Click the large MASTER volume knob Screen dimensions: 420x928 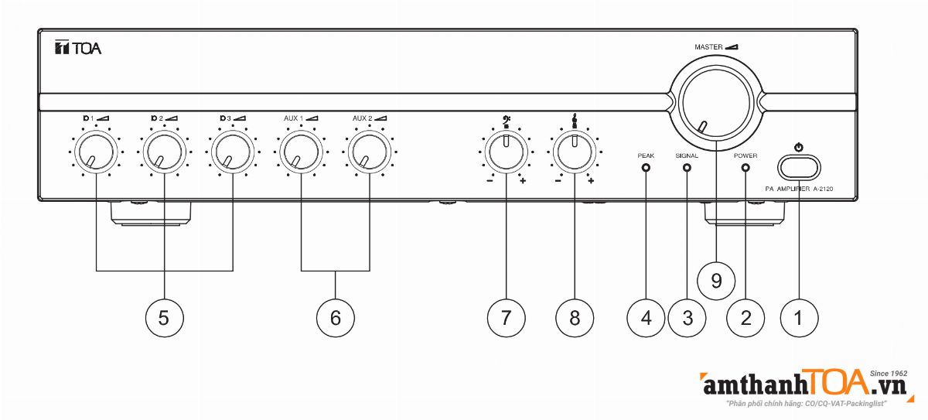coord(711,101)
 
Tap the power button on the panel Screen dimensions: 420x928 coord(799,167)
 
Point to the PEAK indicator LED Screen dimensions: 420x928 coord(646,167)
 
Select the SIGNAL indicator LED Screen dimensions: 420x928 coord(686,167)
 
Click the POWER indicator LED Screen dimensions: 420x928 coord(745,167)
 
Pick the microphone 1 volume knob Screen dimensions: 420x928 coord(96,151)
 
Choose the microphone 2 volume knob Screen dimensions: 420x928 coord(164,151)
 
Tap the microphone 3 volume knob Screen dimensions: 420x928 coord(232,151)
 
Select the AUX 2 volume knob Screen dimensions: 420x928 coord(368,151)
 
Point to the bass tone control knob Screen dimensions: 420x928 coord(506,151)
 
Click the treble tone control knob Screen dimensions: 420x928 coord(574,151)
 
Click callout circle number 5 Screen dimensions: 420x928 coord(164,316)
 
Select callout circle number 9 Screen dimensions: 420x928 coord(716,280)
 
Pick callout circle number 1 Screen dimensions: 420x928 coord(799,316)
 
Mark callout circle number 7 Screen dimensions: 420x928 coord(506,316)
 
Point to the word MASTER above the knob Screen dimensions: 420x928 coord(708,47)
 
